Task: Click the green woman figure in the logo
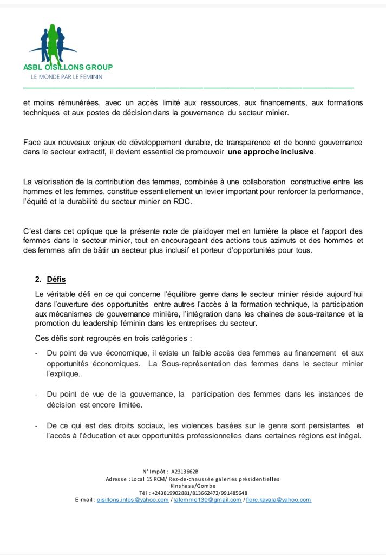pos(53,43)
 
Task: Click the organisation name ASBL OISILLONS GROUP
pos(68,67)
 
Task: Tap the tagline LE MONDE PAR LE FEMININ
pos(66,77)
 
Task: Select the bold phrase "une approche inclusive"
pos(271,152)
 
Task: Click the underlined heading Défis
pos(56,280)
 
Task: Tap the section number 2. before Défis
pos(38,280)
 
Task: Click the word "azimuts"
pos(280,241)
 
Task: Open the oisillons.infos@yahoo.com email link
pos(133,500)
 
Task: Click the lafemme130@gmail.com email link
pos(207,500)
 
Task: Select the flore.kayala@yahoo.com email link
pos(279,500)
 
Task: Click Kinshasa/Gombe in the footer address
pos(193,486)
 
